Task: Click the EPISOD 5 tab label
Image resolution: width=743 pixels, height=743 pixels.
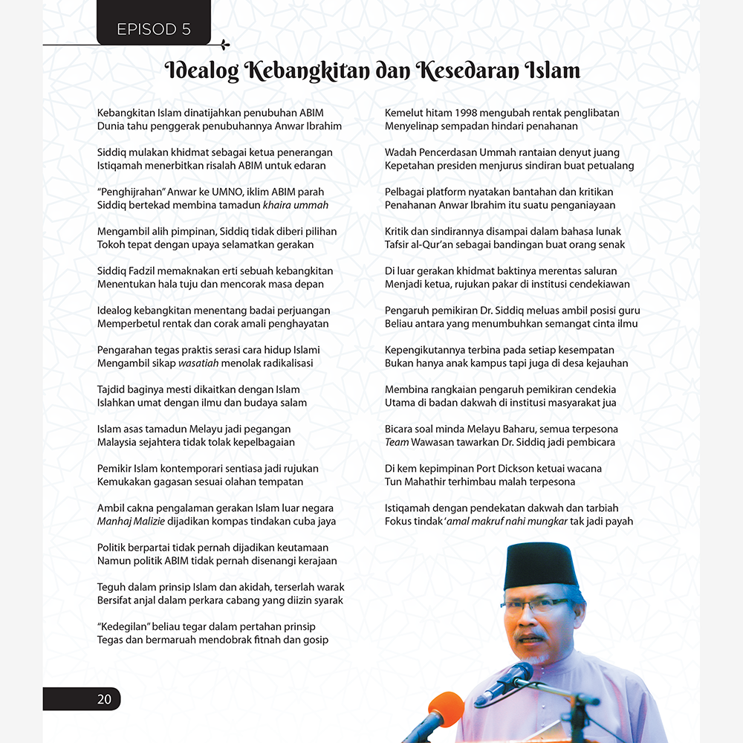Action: [154, 30]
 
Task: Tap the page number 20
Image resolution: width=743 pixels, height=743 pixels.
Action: [104, 699]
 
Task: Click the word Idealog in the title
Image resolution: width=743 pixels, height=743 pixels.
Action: [201, 71]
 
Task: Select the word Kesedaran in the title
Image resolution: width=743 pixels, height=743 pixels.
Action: [468, 71]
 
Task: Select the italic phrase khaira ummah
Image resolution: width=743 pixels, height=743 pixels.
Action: [296, 205]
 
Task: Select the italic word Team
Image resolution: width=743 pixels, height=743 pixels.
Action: [397, 442]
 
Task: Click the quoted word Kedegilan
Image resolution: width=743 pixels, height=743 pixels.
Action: [124, 627]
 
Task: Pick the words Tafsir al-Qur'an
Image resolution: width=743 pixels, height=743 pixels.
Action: [426, 244]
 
